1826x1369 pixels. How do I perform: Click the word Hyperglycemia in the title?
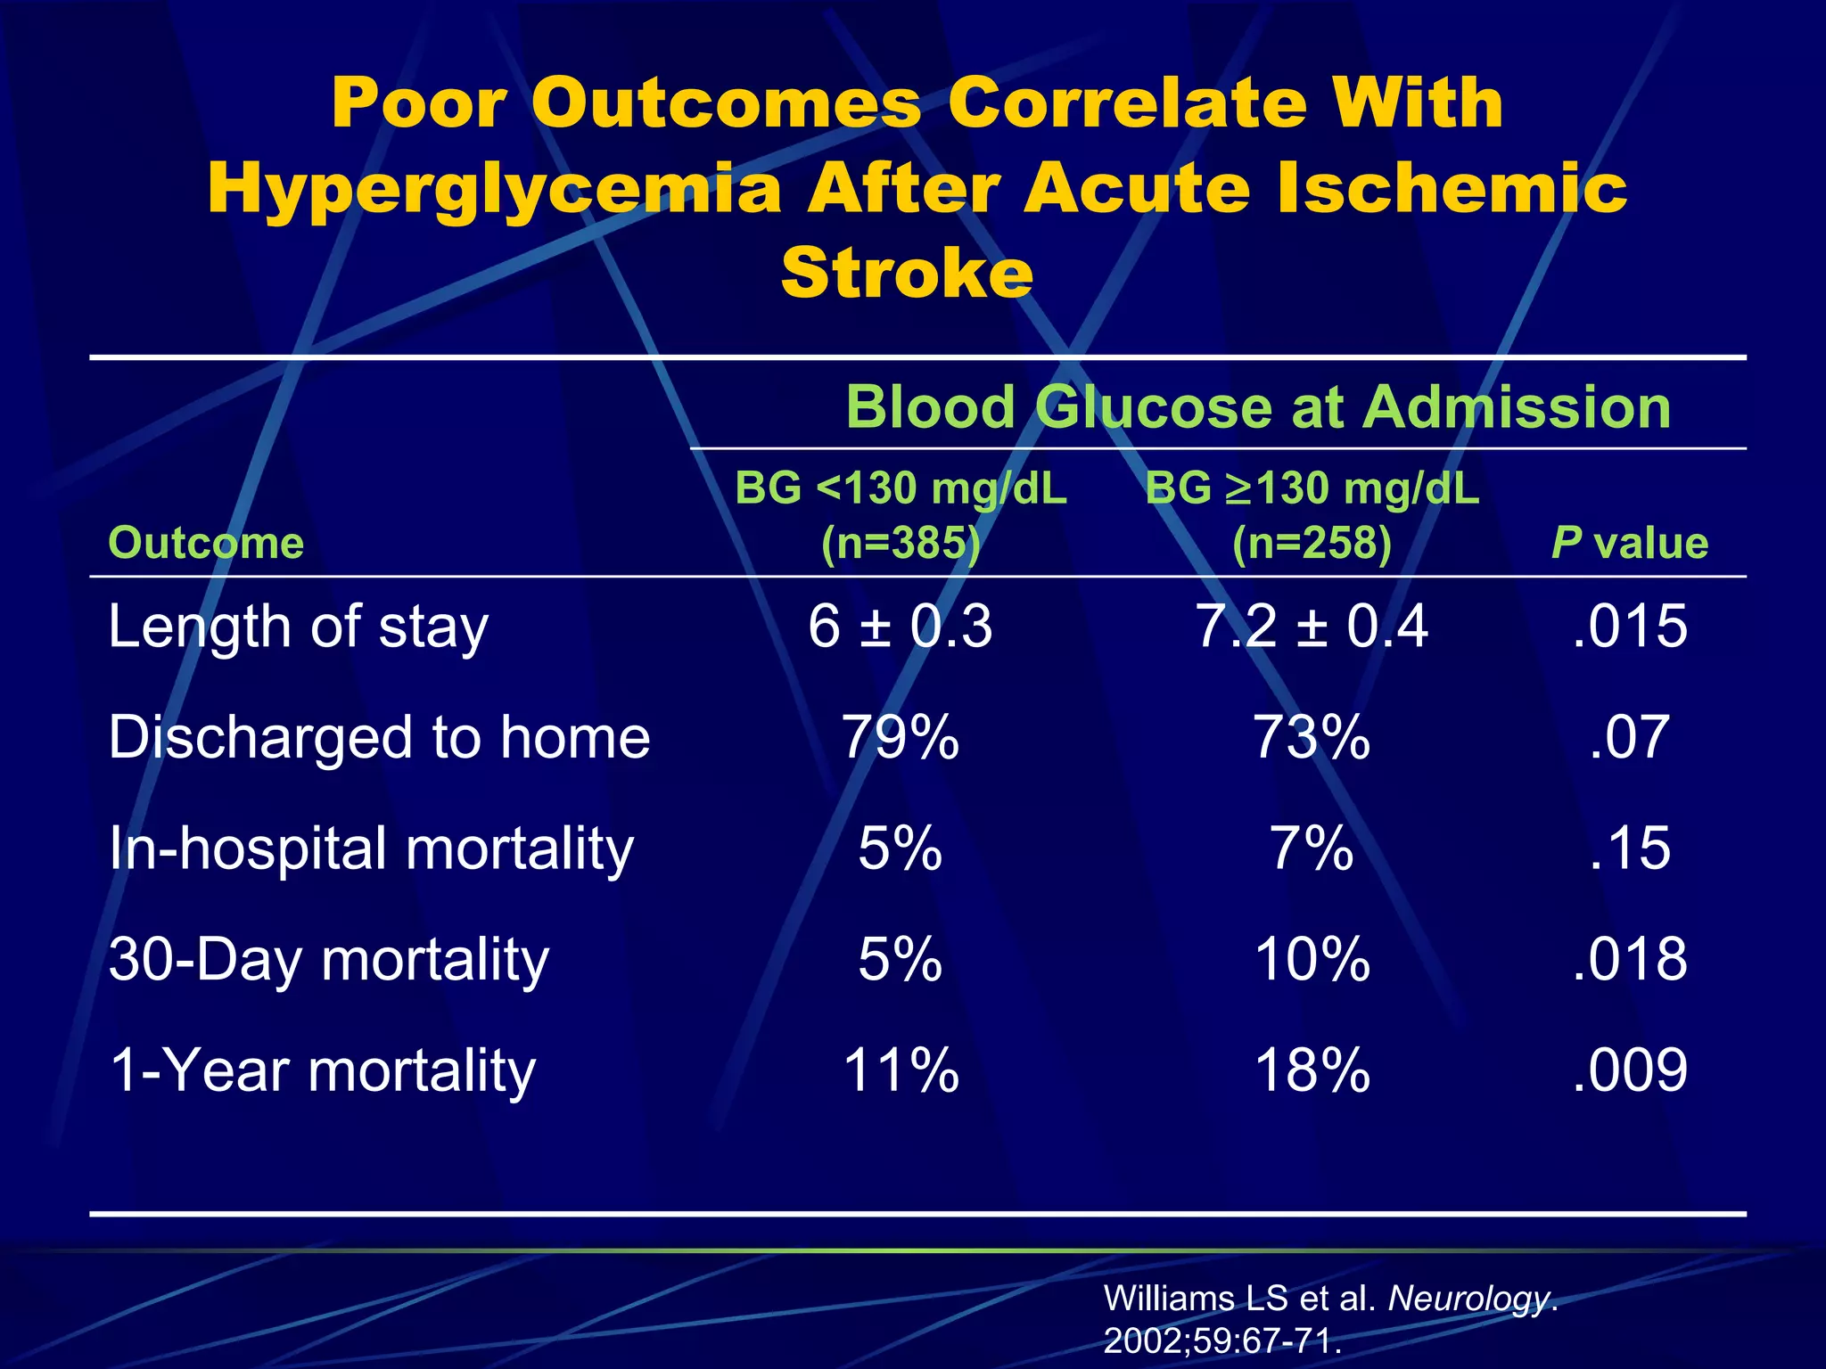coord(494,189)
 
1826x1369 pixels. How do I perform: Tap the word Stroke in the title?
coord(907,272)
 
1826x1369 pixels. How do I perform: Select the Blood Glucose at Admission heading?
coord(1257,407)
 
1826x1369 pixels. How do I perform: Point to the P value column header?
coord(1629,543)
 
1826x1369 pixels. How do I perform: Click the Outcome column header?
coord(206,543)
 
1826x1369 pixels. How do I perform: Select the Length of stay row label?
coord(298,627)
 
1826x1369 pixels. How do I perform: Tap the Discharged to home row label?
coord(379,738)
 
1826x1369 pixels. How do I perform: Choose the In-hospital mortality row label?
coord(371,848)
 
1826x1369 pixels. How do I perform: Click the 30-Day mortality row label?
coord(328,960)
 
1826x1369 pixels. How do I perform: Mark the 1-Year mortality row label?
coord(322,1070)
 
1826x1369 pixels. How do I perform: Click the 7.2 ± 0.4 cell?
coord(1312,627)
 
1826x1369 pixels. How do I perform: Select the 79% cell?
coord(901,738)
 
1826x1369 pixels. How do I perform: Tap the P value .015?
coord(1629,627)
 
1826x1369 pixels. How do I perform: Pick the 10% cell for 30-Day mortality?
coord(1312,960)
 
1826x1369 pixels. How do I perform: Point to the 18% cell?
coord(1312,1070)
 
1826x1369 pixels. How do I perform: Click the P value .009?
coord(1629,1070)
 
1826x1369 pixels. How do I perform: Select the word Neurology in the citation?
coord(1468,1299)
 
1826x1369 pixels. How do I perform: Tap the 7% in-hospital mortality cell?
coord(1312,848)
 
